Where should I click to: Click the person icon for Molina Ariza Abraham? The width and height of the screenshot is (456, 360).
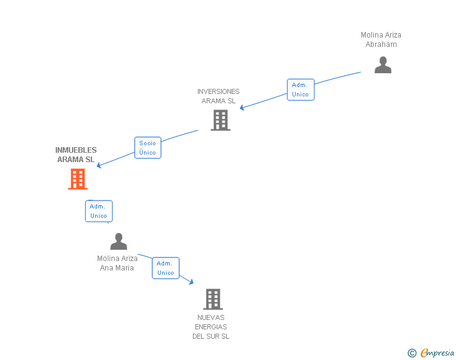pos(383,65)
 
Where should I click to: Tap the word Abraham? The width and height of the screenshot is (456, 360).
pos(381,44)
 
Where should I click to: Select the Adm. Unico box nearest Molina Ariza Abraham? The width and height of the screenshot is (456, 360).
pos(300,90)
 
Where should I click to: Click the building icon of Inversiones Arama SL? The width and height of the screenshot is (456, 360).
pos(220,120)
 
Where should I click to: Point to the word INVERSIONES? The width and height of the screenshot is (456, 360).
pos(218,91)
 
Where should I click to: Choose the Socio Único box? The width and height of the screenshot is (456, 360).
pos(148,148)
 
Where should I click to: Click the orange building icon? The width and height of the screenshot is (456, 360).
pos(78,178)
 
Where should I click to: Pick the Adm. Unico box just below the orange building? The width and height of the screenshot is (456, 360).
pos(98,211)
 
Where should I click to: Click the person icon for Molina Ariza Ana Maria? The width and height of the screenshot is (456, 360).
pos(118,241)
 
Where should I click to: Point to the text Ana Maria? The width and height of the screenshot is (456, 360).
pos(117,268)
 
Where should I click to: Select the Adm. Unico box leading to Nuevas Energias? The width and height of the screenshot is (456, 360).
pos(165,268)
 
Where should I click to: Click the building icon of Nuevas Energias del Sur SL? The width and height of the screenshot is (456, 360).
pos(213,299)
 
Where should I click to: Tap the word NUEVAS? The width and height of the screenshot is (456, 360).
pos(210,317)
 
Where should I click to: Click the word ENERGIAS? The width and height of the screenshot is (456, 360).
pos(210,327)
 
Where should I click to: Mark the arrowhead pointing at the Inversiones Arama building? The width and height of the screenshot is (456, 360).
pos(242,108)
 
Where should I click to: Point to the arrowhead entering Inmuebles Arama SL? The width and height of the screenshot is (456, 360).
pos(99,166)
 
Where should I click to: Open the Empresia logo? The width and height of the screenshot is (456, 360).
pos(437,352)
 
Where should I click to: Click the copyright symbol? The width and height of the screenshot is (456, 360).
pos(412,353)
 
